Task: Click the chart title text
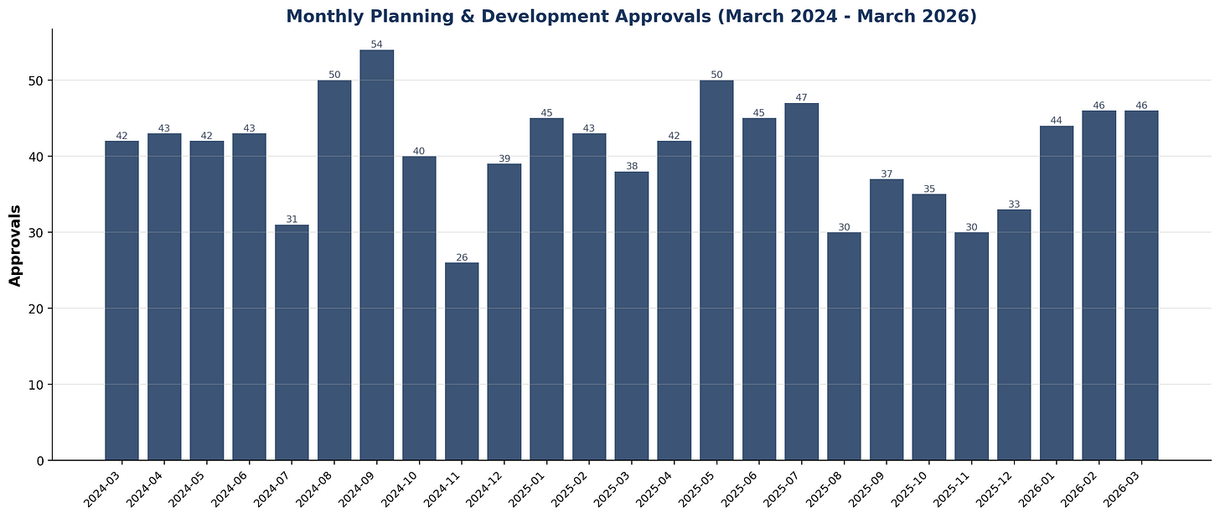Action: click(x=631, y=16)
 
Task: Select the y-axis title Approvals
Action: click(x=15, y=245)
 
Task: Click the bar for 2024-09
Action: click(x=376, y=255)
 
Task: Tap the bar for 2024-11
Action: click(x=462, y=361)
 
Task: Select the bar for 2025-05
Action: click(x=716, y=270)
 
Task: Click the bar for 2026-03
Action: click(x=1141, y=285)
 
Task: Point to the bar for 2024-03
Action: click(x=121, y=300)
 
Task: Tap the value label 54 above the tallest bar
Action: click(x=376, y=44)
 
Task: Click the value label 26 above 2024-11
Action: click(x=462, y=257)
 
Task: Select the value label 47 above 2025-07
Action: click(x=801, y=97)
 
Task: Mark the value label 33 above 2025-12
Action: click(x=1014, y=204)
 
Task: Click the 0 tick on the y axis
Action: click(x=39, y=460)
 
